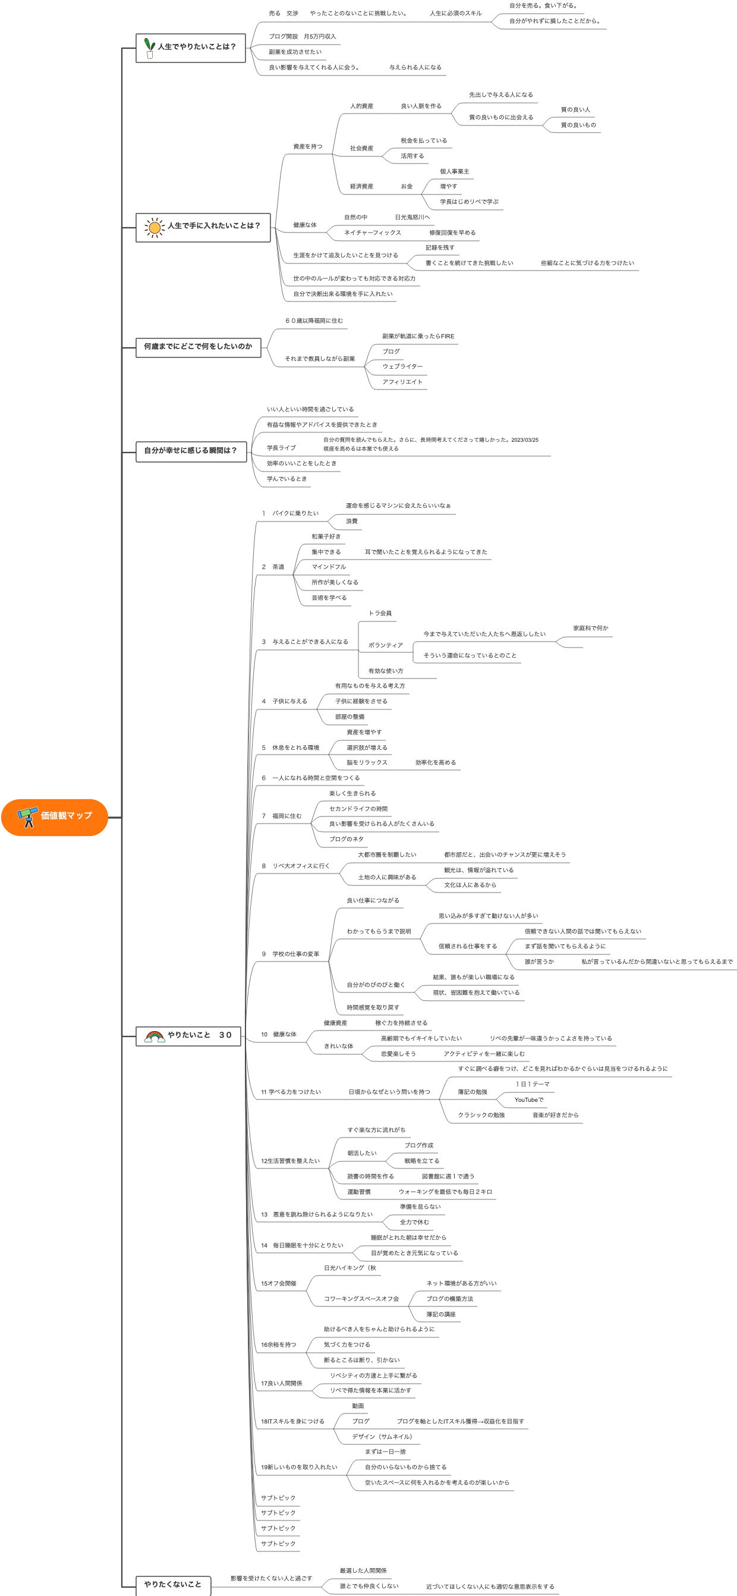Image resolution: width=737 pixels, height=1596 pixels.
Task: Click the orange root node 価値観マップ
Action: (55, 817)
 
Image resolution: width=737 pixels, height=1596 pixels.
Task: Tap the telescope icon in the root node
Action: (27, 817)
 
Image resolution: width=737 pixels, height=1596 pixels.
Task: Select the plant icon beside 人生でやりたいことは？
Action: (149, 48)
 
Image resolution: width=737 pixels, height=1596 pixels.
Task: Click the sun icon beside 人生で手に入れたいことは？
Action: (154, 227)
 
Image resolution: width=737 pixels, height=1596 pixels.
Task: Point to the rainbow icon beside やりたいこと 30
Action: (154, 1036)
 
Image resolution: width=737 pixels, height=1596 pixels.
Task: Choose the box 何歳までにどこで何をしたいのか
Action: (198, 347)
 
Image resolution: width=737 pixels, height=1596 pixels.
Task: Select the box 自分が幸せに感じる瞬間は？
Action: (191, 451)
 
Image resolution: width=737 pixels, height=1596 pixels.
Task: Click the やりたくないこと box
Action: (173, 1585)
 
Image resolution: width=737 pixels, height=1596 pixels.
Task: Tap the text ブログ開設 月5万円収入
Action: (303, 36)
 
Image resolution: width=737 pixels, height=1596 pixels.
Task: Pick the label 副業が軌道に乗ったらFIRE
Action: (418, 337)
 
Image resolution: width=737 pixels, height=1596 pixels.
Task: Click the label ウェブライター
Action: (402, 367)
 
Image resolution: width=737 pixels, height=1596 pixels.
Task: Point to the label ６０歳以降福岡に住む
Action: (313, 321)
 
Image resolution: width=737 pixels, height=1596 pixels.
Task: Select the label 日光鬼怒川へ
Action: (412, 218)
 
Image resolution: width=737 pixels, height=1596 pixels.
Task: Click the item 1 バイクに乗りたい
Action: (291, 514)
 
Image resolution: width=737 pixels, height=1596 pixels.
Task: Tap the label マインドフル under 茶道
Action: (328, 567)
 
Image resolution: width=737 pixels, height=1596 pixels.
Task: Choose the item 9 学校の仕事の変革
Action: (291, 954)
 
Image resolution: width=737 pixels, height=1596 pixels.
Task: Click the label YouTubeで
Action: (529, 1100)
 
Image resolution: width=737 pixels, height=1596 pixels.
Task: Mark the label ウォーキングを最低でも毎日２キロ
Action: (445, 1192)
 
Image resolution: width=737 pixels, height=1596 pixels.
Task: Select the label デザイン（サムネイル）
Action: (382, 1437)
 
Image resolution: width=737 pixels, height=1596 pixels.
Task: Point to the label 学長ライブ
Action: (281, 448)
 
